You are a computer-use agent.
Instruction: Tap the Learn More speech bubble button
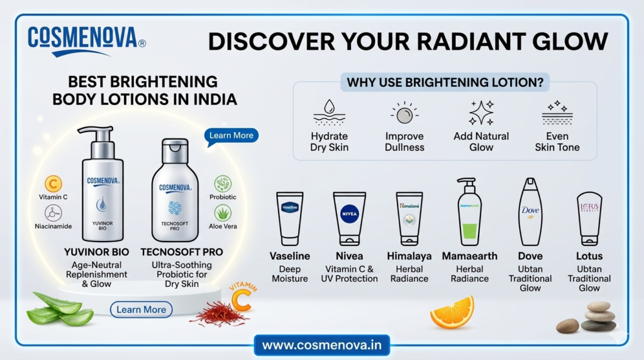tap(231, 136)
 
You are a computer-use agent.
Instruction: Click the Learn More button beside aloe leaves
tap(141, 310)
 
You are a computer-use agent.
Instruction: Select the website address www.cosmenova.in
tap(321, 345)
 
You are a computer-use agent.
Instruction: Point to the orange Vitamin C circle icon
tap(53, 184)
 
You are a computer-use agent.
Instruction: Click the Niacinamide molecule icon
tap(53, 213)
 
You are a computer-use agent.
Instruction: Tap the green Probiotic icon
tap(223, 184)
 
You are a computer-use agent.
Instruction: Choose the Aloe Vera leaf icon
tap(223, 213)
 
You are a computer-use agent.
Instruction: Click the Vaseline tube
tap(290, 219)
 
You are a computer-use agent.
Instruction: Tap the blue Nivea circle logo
tap(350, 214)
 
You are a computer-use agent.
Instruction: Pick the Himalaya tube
tap(409, 219)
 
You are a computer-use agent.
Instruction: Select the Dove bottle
tap(530, 212)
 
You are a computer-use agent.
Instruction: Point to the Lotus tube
tap(589, 219)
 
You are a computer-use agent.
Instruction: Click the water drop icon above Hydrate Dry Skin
tap(329, 107)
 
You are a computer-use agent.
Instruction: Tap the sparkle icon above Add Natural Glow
tap(481, 113)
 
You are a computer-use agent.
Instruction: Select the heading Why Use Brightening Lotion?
tap(445, 82)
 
